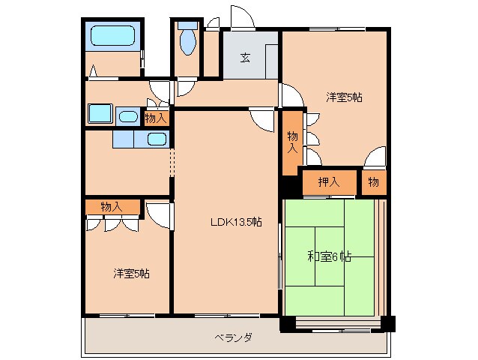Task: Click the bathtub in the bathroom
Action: tap(112, 35)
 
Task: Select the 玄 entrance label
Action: tap(245, 58)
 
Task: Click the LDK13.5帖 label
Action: tap(235, 221)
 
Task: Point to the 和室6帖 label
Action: tap(330, 256)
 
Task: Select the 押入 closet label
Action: tap(328, 181)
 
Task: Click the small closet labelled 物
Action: tap(373, 181)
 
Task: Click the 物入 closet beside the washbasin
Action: tap(156, 118)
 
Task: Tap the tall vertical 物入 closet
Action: tap(292, 142)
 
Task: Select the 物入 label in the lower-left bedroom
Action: tap(112, 206)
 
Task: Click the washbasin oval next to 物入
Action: tap(128, 116)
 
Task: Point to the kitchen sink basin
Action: tap(156, 139)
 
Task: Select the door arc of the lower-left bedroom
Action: tap(159, 214)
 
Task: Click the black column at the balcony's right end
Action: tap(387, 324)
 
